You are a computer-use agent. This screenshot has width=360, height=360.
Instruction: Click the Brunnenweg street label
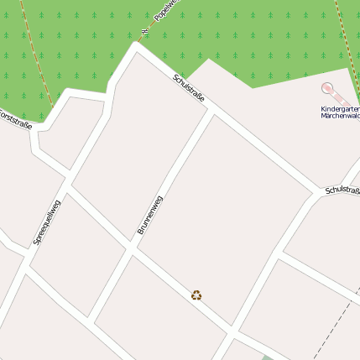(x=149, y=214)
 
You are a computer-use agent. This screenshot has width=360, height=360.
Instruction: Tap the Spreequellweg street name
(x=46, y=222)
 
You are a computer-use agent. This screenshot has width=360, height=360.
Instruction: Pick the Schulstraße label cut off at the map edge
(x=342, y=192)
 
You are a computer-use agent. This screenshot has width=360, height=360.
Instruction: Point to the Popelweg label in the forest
(x=164, y=9)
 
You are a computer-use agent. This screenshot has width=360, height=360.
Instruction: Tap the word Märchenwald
(x=339, y=116)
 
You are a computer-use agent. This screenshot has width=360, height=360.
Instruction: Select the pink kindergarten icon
(x=327, y=88)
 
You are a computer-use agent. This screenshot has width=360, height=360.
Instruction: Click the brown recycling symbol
(x=196, y=295)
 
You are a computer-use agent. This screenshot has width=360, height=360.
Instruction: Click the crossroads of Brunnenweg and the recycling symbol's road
(x=132, y=248)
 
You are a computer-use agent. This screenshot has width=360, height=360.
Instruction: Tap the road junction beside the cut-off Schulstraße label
(x=319, y=190)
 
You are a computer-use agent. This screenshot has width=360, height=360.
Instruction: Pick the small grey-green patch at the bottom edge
(x=267, y=357)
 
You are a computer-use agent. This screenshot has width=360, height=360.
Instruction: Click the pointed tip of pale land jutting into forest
(x=208, y=60)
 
